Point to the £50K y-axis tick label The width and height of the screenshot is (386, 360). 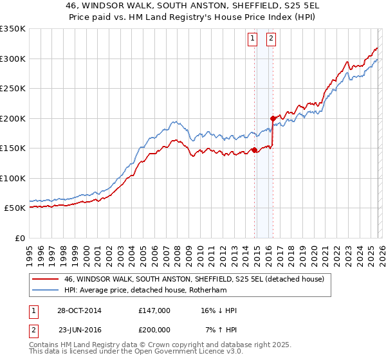coord(14,208)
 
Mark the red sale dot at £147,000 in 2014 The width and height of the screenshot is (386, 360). coord(254,150)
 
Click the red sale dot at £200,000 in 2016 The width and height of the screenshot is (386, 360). coord(273,118)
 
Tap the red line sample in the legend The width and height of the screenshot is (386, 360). coord(44,279)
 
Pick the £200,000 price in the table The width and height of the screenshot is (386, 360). coord(154,329)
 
